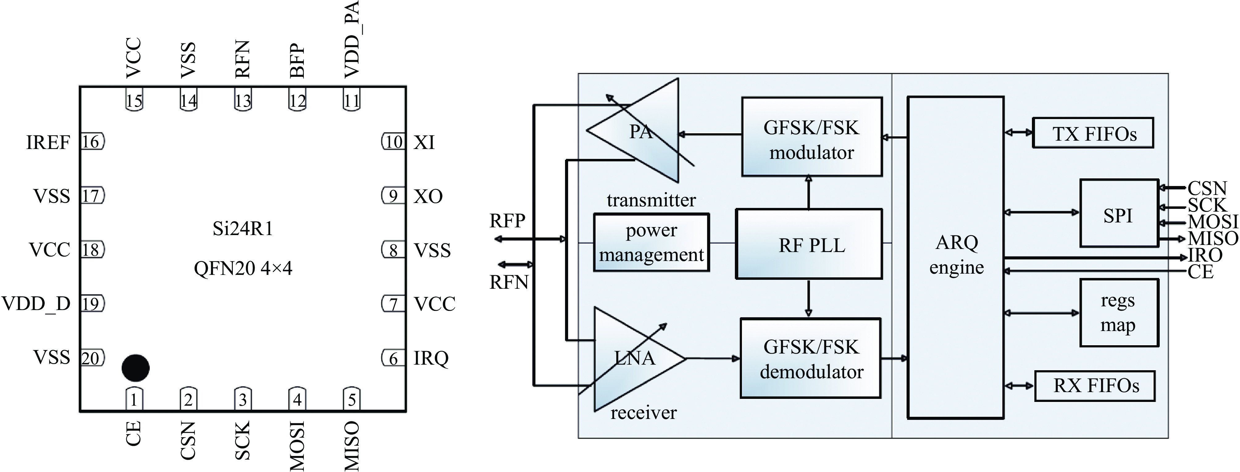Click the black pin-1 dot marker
click(x=135, y=368)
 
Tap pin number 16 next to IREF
click(x=91, y=142)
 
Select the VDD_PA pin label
click(x=352, y=39)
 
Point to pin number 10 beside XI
click(x=394, y=142)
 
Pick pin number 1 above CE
click(x=134, y=399)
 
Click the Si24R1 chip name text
click(x=243, y=229)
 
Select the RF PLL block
click(x=809, y=244)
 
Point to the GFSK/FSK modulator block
click(x=811, y=137)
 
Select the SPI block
click(x=1119, y=213)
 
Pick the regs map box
click(x=1119, y=313)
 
